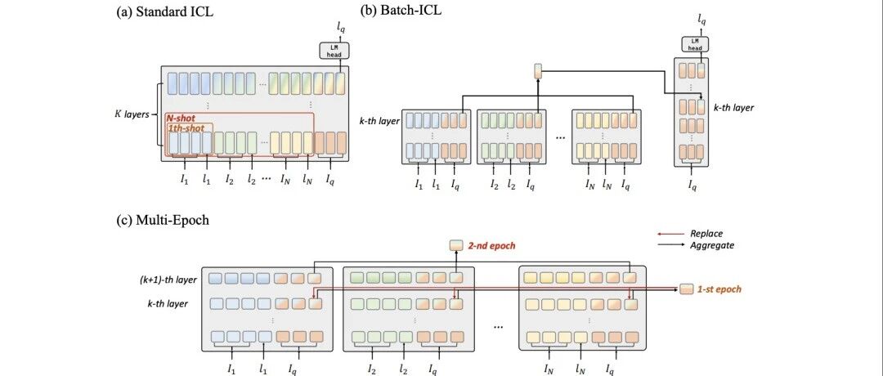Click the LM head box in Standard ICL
[x=335, y=51]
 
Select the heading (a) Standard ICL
[x=165, y=11]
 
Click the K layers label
[x=131, y=114]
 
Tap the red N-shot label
[x=181, y=119]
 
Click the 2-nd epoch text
[x=491, y=246]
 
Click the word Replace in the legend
[x=706, y=233]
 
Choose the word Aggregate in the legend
[x=712, y=245]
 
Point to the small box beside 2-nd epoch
[x=456, y=245]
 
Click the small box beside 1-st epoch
[x=687, y=289]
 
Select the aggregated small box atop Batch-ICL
[x=538, y=71]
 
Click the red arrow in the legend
[x=670, y=233]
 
